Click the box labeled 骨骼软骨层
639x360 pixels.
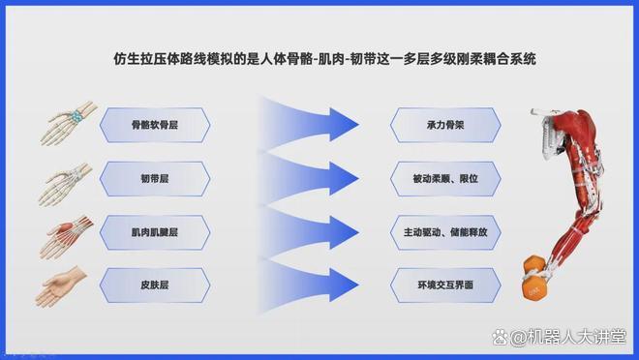tap(155, 125)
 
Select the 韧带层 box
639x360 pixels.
tap(155, 179)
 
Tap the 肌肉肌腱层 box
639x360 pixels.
tap(155, 232)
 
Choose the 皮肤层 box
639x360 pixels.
tap(155, 285)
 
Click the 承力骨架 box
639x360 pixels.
tap(445, 125)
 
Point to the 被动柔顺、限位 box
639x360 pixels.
tap(445, 179)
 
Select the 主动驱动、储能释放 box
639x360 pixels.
tap(445, 232)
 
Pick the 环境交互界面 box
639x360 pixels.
tap(445, 285)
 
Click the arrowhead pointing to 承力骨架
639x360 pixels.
tap(343, 125)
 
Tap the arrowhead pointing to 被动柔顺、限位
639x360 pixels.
tap(343, 178)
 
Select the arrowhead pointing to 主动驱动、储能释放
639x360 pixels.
tap(343, 232)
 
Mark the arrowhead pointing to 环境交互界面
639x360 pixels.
tap(343, 285)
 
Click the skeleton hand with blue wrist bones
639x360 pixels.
tap(69, 123)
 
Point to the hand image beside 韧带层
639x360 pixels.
tap(65, 184)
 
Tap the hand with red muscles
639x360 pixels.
tap(66, 237)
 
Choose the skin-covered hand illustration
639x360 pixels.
tap(61, 286)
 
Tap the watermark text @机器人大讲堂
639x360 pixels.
tap(567, 337)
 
